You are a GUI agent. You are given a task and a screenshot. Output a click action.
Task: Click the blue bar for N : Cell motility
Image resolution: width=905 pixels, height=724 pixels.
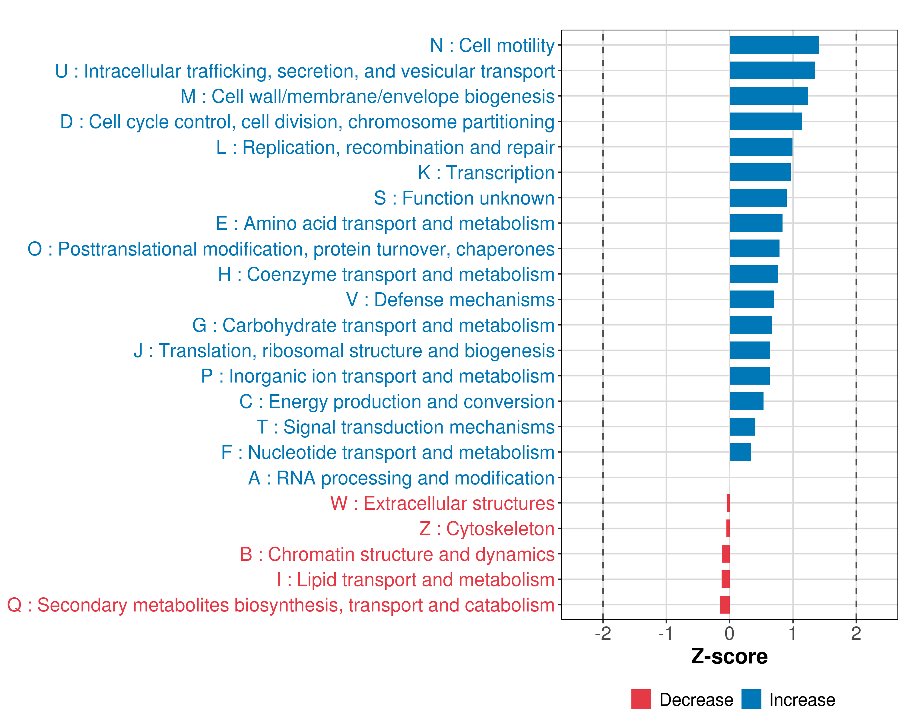point(774,45)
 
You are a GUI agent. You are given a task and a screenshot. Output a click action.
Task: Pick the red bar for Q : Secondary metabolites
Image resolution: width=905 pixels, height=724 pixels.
point(725,605)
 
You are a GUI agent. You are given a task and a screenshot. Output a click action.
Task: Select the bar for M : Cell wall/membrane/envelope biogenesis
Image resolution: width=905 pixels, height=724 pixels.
point(769,96)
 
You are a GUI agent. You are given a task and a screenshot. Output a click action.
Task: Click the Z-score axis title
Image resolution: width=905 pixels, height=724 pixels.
point(729,656)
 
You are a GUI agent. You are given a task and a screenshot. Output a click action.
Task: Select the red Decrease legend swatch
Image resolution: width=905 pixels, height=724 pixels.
point(641,699)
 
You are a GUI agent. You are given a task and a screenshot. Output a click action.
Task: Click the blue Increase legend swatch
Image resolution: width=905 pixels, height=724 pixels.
point(751,699)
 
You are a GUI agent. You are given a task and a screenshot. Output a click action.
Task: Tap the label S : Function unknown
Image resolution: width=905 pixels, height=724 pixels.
point(464,198)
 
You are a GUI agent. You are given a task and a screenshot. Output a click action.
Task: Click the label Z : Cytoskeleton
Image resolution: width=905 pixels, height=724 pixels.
point(487,529)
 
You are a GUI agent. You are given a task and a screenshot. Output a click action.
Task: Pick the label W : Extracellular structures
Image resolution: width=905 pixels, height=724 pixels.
point(443,503)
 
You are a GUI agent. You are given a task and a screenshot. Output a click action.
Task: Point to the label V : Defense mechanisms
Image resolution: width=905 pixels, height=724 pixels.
point(450,300)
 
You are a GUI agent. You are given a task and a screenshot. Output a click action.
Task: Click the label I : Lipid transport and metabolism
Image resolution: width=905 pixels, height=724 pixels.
point(416,580)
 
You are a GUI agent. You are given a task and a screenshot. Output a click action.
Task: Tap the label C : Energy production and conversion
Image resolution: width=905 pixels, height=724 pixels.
point(397,402)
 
